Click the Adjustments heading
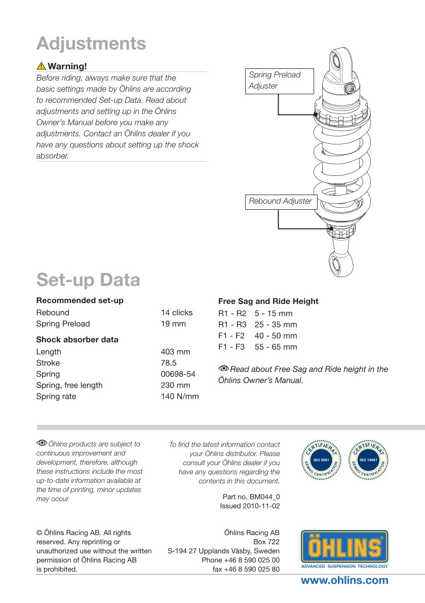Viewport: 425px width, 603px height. click(91, 44)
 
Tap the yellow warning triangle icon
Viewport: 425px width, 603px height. click(41, 66)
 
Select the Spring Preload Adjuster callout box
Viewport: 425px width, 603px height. click(279, 81)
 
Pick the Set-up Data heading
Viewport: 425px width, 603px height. click(88, 280)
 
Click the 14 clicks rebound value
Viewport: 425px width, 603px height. click(177, 313)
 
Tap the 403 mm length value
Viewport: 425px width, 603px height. click(175, 352)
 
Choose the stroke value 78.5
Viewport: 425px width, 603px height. click(169, 363)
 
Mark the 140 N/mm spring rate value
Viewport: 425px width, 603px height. click(180, 396)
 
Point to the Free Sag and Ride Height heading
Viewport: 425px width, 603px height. click(268, 301)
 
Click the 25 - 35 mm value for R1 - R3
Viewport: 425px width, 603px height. click(276, 325)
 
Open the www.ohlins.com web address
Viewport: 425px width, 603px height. click(344, 581)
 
